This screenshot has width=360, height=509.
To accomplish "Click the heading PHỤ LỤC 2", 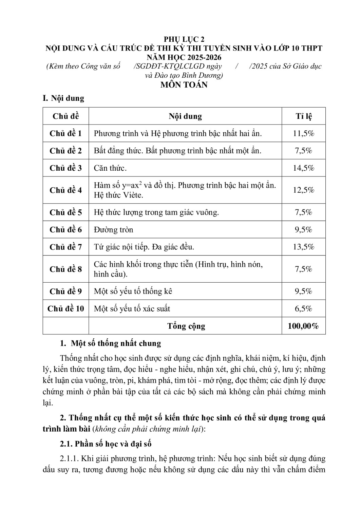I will click(184, 39).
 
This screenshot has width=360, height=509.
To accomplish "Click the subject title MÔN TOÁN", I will click(184, 84).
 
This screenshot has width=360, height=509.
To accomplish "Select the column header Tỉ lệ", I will click(303, 116).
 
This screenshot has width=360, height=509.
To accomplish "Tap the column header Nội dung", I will click(185, 116).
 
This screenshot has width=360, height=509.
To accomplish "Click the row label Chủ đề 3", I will click(65, 168).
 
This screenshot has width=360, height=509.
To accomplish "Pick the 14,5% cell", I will click(303, 168).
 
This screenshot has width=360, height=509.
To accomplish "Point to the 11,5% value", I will click(303, 133).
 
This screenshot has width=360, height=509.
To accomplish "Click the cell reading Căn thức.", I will click(110, 168).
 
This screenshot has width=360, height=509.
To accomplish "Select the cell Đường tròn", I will click(113, 230).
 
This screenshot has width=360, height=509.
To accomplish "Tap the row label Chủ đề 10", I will click(65, 308).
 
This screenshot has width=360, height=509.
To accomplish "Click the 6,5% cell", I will click(303, 308).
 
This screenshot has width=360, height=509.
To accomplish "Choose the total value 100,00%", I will click(303, 326).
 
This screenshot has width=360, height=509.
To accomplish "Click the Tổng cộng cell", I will click(186, 326).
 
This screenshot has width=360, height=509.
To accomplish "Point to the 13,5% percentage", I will click(303, 247).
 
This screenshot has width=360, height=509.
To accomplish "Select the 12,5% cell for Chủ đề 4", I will click(303, 190).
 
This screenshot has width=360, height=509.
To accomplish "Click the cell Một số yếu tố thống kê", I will click(133, 291).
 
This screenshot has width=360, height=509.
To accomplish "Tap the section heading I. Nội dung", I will click(63, 98).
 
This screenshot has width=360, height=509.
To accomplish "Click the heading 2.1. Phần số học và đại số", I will click(106, 444).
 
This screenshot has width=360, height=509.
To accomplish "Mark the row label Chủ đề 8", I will click(65, 269).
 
